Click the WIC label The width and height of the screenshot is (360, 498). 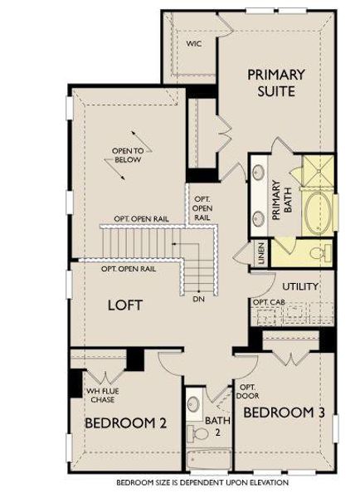click(x=194, y=42)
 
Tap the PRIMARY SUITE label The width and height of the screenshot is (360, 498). click(x=276, y=82)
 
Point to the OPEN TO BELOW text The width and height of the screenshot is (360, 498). click(x=128, y=155)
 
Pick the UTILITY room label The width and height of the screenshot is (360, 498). click(x=301, y=286)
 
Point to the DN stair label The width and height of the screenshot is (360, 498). click(x=198, y=299)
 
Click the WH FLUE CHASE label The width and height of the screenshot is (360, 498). click(x=102, y=393)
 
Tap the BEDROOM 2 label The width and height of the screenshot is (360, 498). click(x=125, y=422)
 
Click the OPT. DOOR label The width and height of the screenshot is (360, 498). click(x=246, y=391)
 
